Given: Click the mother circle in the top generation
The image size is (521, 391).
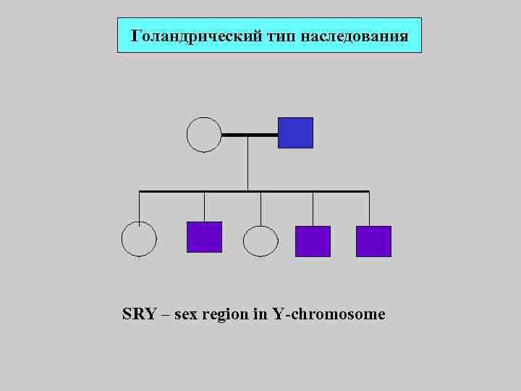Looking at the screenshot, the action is click(203, 135).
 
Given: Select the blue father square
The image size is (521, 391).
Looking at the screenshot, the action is click(295, 133).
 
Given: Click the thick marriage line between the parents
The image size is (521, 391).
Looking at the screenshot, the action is click(249, 135).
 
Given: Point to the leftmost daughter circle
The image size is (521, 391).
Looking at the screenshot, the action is click(138, 239).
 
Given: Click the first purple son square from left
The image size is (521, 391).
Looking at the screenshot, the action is click(204, 237).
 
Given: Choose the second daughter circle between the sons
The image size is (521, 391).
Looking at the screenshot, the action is click(260, 241).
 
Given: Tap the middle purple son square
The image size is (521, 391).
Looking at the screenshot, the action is click(313, 241).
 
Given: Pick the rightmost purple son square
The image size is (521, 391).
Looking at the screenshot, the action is click(373, 241).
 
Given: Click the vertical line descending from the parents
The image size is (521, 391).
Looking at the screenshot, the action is click(248, 163).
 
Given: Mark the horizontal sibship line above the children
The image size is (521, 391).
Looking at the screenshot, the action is click(253, 191).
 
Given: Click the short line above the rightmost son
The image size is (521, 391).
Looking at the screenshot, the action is click(369, 209).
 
